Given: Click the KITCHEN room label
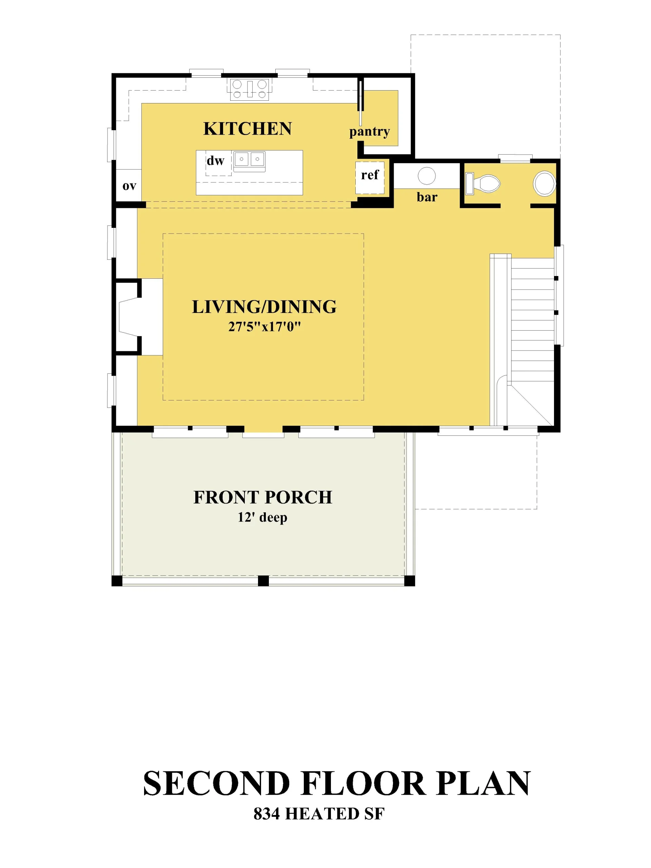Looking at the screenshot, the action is click(247, 129).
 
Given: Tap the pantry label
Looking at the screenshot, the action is click(369, 132).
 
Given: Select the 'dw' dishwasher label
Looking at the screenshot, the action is click(215, 160).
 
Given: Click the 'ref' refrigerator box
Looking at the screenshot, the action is click(370, 177).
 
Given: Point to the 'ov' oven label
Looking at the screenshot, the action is click(129, 186).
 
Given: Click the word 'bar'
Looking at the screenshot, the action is click(427, 197).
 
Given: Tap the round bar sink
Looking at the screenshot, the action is click(427, 176).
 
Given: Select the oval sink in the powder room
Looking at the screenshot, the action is click(544, 183).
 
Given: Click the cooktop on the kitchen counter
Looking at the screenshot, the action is click(250, 89).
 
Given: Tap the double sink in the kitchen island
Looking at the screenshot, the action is click(249, 161).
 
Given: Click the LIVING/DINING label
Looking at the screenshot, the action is click(264, 307).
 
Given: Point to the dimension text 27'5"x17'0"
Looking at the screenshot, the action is click(264, 327).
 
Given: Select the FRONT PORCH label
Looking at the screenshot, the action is click(263, 497).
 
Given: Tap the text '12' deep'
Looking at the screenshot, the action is click(262, 517).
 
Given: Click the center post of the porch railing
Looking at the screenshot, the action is click(263, 581).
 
